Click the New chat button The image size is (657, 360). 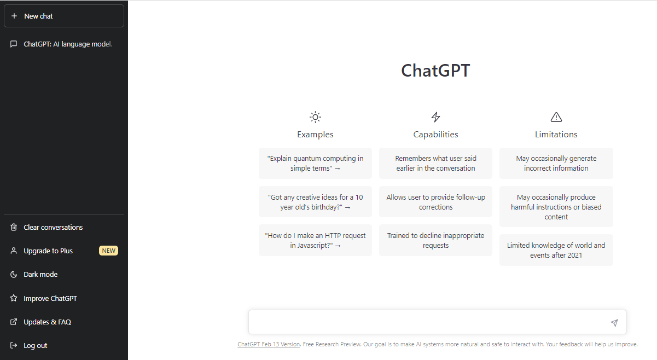pyautogui.click(x=63, y=16)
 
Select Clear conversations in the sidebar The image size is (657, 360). pyautogui.click(x=53, y=227)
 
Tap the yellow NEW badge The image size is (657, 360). pyautogui.click(x=108, y=251)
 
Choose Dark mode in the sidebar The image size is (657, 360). pyautogui.click(x=40, y=274)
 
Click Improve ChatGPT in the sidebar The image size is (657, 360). pyautogui.click(x=50, y=298)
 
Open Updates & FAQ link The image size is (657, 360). pyautogui.click(x=47, y=322)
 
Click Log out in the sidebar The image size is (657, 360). pyautogui.click(x=35, y=345)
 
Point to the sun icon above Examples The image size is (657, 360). pyautogui.click(x=315, y=117)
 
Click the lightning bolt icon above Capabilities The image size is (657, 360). pyautogui.click(x=435, y=117)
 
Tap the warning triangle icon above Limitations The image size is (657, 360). pyautogui.click(x=556, y=117)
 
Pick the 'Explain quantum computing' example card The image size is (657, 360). pyautogui.click(x=315, y=163)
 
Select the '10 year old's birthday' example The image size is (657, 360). pyautogui.click(x=315, y=202)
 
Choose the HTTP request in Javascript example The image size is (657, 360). pyautogui.click(x=315, y=240)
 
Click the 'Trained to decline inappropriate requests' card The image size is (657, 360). pyautogui.click(x=435, y=240)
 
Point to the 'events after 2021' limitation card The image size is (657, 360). pyautogui.click(x=556, y=250)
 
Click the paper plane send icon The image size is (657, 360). pyautogui.click(x=614, y=323)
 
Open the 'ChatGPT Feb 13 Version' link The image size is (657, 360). pyautogui.click(x=269, y=344)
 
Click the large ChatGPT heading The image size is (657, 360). pyautogui.click(x=435, y=71)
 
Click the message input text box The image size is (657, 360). pyautogui.click(x=427, y=322)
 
